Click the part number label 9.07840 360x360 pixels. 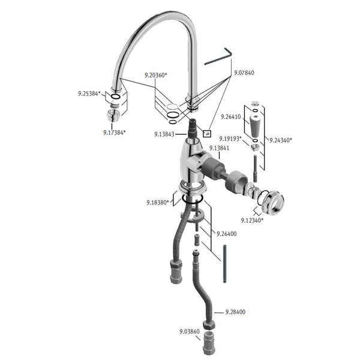point(244,73)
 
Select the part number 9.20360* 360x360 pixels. point(155,75)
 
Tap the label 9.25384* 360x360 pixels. point(89,94)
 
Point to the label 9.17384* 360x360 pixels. point(115,133)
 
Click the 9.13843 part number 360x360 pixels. point(164,134)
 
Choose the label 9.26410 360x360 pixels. point(231,117)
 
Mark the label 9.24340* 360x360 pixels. point(281,140)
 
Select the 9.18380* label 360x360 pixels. point(158,203)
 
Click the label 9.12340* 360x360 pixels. point(252,220)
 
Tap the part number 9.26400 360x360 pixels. point(226,234)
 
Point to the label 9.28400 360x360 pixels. point(235,312)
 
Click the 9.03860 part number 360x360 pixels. point(190,332)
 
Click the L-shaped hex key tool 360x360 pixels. point(218,58)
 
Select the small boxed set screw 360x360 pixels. point(207,133)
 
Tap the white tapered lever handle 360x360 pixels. point(255,125)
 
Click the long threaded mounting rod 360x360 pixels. point(224,264)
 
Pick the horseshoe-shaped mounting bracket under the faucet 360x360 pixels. point(192,217)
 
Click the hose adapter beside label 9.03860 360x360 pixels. point(209,343)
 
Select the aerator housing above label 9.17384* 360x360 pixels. point(113,115)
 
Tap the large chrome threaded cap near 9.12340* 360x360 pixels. point(273,203)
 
